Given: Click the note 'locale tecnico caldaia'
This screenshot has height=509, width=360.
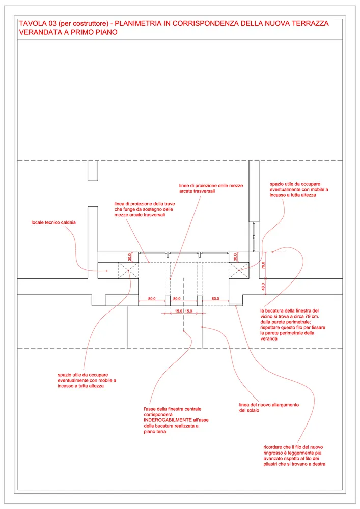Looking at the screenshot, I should coord(53,222).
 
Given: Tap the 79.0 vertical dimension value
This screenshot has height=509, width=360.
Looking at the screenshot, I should coord(263,265).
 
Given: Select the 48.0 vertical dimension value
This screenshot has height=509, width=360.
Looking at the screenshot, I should coord(263,287).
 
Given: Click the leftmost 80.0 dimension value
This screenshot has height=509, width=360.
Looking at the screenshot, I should coord(152,299).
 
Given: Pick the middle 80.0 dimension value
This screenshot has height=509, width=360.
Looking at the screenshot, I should coord(177,299).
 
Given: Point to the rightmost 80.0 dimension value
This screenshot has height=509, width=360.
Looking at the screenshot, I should coord(215,299).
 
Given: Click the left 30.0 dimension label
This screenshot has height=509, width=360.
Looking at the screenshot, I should coord(129,257).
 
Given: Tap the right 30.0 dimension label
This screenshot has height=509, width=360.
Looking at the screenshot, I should coord(235,257).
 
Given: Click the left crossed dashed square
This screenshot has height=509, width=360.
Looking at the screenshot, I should coord(128,270).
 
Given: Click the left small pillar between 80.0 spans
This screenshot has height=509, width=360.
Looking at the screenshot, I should coord(167,300).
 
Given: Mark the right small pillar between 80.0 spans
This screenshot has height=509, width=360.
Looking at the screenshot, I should coord(200,300).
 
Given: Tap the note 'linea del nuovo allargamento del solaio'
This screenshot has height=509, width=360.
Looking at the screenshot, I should coord(268,408).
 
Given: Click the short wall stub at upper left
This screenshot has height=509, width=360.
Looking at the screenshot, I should coord(93,171).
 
